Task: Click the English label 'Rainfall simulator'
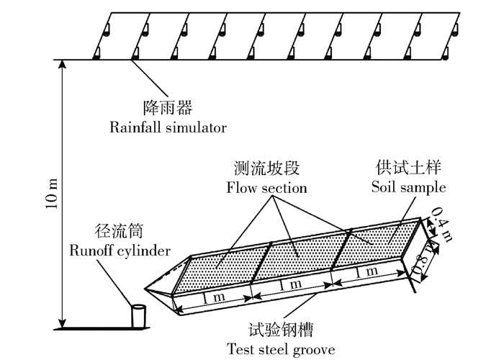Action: [x=168, y=128]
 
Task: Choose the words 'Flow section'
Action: [x=266, y=189]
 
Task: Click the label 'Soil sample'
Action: [x=408, y=189]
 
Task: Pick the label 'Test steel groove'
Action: [x=281, y=349]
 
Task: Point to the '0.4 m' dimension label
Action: [x=440, y=220]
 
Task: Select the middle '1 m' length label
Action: [x=292, y=285]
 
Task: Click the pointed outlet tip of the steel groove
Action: [x=146, y=289]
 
